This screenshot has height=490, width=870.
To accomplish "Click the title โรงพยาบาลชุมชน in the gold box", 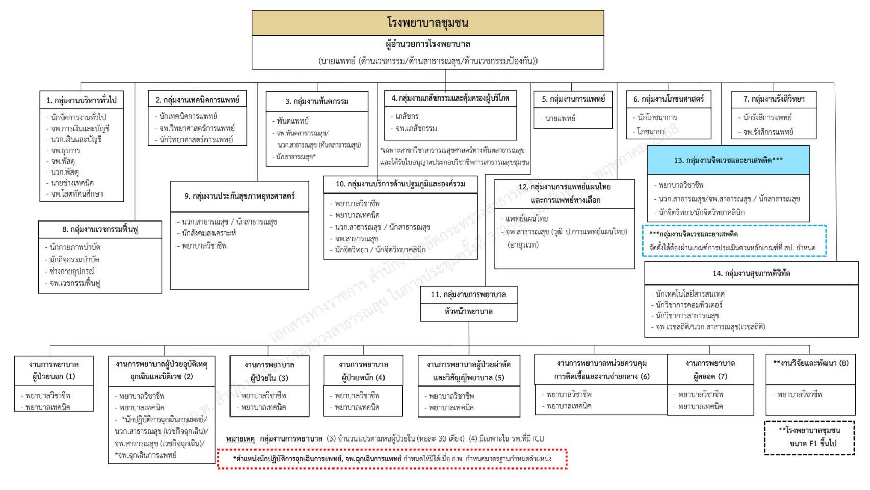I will pos(427,22).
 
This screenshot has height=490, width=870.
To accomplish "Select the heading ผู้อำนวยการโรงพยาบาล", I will pos(427,44).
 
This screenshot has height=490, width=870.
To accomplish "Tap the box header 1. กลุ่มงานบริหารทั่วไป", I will pos(82,100).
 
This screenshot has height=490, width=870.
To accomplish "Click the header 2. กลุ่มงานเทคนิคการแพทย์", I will pos(197,100).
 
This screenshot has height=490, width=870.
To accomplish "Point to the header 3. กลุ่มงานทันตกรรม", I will pos(317,101).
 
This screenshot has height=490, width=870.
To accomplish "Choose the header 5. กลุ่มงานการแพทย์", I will pos(573,99).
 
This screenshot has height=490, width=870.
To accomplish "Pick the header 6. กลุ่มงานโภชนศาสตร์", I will pos(669,99).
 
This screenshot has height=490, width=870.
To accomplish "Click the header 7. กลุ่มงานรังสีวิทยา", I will pos(773,99).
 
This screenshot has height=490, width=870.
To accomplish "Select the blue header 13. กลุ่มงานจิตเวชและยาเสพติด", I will pos(728,160).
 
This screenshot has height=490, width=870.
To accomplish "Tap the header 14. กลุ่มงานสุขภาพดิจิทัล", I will pos(751,273).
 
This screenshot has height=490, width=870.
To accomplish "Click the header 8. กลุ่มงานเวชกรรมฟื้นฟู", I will pos(100,229).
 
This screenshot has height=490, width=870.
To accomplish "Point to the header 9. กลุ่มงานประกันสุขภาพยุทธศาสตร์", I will pos(239,196).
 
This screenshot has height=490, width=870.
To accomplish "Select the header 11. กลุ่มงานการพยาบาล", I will pos(468,295).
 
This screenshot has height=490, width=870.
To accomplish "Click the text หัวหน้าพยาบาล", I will pos(468,311).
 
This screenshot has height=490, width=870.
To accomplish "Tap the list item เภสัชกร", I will pos(407,116).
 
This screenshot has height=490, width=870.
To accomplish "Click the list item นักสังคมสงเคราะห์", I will pos(209,233).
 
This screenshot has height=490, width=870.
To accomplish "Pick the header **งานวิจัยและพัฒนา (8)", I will pos(810,363).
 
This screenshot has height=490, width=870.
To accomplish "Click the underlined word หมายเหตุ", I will pos(240,438).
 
